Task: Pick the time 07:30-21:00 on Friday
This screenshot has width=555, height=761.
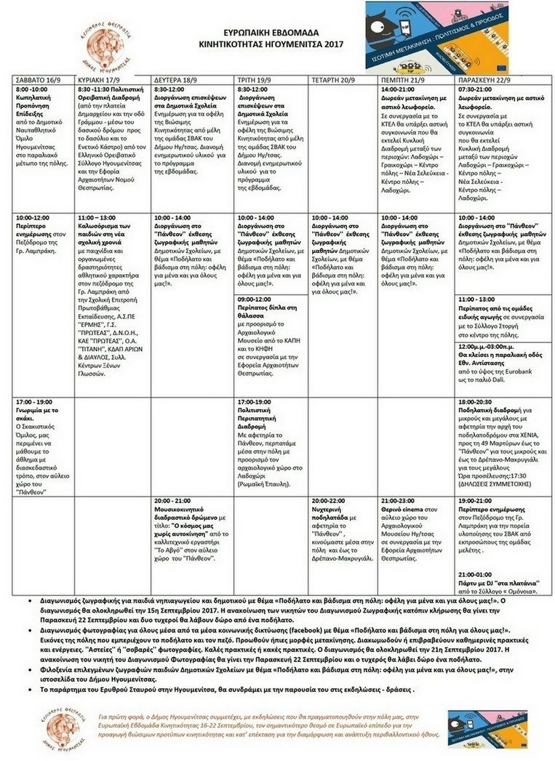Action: click(476, 89)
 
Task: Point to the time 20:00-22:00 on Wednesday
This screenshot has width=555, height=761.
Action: click(330, 502)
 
